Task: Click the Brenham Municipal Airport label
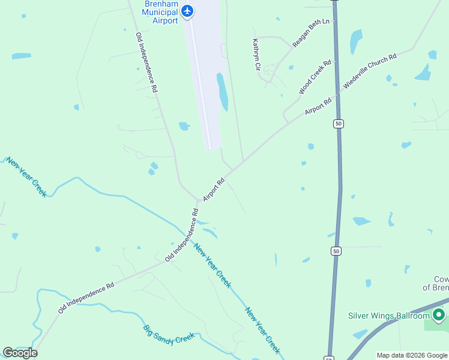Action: (x=161, y=12)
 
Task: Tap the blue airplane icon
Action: (x=187, y=11)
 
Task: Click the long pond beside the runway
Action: (x=222, y=92)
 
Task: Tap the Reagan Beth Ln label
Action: (x=311, y=33)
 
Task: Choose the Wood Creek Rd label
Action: (x=315, y=77)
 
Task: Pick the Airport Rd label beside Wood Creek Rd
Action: (x=318, y=107)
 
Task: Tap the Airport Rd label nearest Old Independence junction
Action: (x=214, y=188)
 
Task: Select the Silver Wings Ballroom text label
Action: (x=389, y=316)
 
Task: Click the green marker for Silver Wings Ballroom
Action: (x=439, y=314)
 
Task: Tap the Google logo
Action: (x=20, y=352)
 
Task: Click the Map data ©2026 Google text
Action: (x=412, y=355)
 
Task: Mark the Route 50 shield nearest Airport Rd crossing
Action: (x=339, y=124)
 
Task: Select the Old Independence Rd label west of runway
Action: (x=146, y=62)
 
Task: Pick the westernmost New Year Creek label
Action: (x=26, y=177)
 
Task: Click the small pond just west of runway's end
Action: (x=184, y=126)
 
